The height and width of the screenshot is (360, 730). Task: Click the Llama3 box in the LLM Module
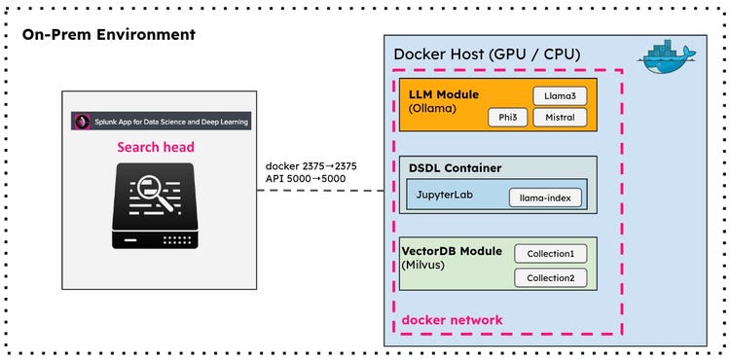pyautogui.click(x=560, y=95)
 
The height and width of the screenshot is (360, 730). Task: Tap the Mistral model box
pyautogui.click(x=561, y=118)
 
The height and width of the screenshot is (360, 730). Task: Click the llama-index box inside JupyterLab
pyautogui.click(x=545, y=198)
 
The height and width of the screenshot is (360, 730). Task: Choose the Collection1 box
pyautogui.click(x=551, y=253)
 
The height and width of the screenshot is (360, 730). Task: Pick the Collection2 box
pyautogui.click(x=551, y=277)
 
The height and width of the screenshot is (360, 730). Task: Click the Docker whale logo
pyautogui.click(x=668, y=60)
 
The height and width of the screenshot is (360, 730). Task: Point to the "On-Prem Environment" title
pyautogui.click(x=108, y=35)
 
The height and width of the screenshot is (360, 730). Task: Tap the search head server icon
pyautogui.click(x=161, y=205)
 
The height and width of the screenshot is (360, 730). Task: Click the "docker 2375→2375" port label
pyautogui.click(x=310, y=165)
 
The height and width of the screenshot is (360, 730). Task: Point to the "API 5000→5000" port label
pyautogui.click(x=307, y=179)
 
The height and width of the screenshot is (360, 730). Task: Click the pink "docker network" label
pyautogui.click(x=452, y=320)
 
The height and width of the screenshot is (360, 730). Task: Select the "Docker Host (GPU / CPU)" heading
pyautogui.click(x=487, y=54)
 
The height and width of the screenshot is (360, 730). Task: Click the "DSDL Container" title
pyautogui.click(x=456, y=168)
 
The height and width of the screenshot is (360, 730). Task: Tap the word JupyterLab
pyautogui.click(x=448, y=197)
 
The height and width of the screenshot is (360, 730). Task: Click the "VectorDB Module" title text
pyautogui.click(x=452, y=250)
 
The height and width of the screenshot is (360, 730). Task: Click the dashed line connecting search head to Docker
pyautogui.click(x=321, y=191)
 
